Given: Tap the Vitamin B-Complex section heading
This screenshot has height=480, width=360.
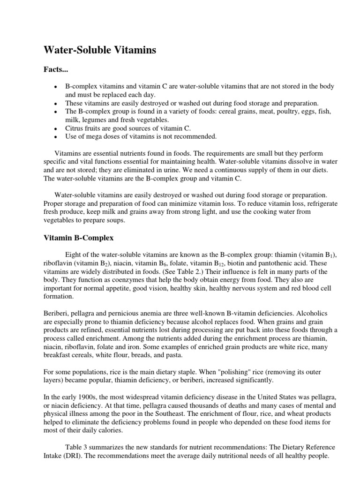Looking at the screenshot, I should (x=79, y=238).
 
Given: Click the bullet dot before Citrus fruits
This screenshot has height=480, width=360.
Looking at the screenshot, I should (x=56, y=128).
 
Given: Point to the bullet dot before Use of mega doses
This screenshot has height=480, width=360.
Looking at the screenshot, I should (x=56, y=136).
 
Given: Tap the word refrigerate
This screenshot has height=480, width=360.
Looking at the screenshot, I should (x=315, y=204).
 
